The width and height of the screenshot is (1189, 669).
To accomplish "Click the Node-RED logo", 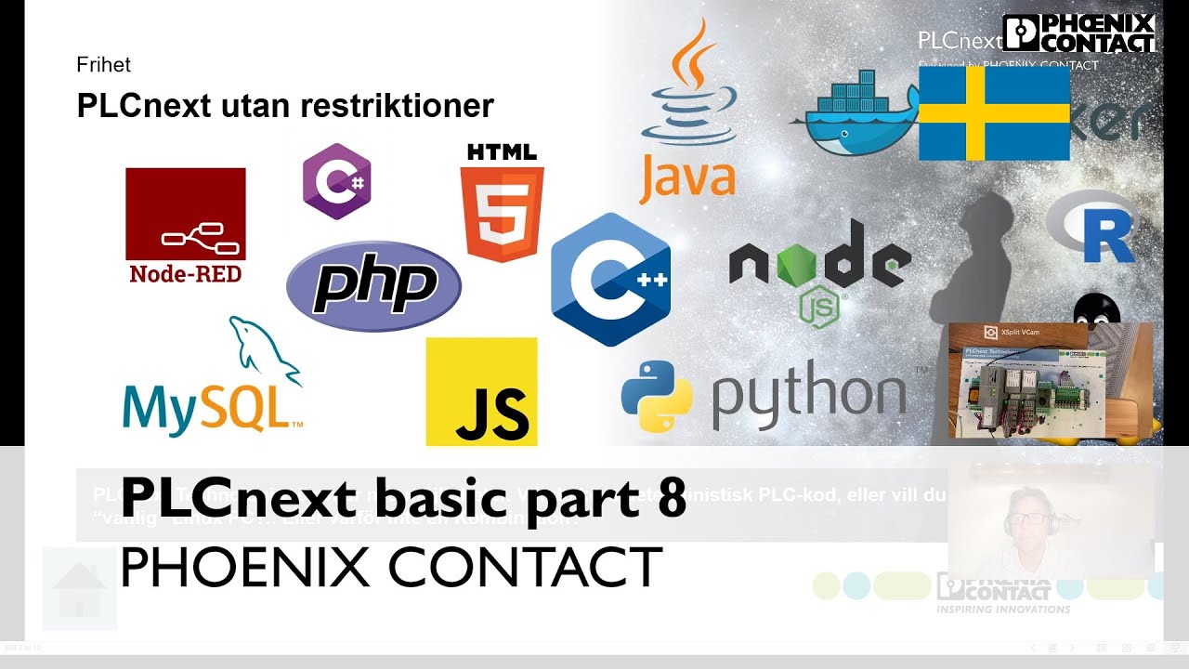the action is pyautogui.click(x=186, y=224).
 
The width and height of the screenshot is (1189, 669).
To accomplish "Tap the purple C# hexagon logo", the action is pyautogui.click(x=337, y=181).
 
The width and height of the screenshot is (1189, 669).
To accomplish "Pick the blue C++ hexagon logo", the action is pyautogui.click(x=610, y=279).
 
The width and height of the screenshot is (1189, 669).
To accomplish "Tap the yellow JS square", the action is pyautogui.click(x=481, y=391).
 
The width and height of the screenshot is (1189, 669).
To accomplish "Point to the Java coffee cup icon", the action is pyautogui.click(x=692, y=88).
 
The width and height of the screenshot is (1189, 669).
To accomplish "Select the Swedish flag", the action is pyautogui.click(x=994, y=113).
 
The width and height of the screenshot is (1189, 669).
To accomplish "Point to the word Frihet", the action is pyautogui.click(x=103, y=65).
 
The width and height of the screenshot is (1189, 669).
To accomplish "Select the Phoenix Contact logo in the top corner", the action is pyautogui.click(x=1079, y=33).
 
